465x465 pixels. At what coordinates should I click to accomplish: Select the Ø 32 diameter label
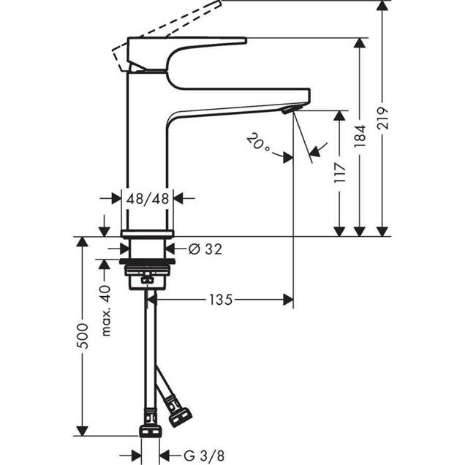[205, 249]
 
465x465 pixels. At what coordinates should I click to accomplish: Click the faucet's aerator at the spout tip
[290, 110]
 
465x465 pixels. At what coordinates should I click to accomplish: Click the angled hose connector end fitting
[178, 412]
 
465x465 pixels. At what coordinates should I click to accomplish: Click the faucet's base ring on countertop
[148, 233]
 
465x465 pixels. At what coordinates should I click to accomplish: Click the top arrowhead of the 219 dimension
[382, 7]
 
